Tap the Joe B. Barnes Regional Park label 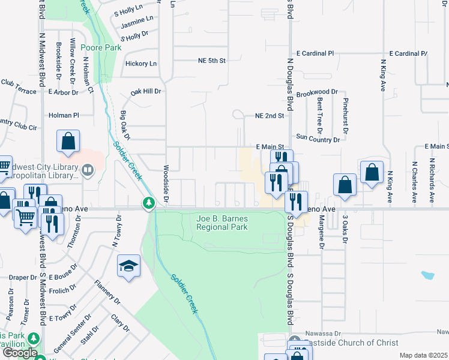[x=222, y=223]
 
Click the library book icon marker [x=88, y=171]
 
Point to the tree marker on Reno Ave [x=148, y=204]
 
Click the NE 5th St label [x=211, y=61]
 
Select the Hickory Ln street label [x=140, y=64]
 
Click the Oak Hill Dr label [x=146, y=92]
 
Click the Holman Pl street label [x=64, y=115]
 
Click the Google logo [x=20, y=353]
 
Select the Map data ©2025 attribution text [x=423, y=355]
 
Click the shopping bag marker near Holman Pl [x=68, y=141]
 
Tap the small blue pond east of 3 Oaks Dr [x=427, y=275]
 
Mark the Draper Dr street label [x=23, y=277]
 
